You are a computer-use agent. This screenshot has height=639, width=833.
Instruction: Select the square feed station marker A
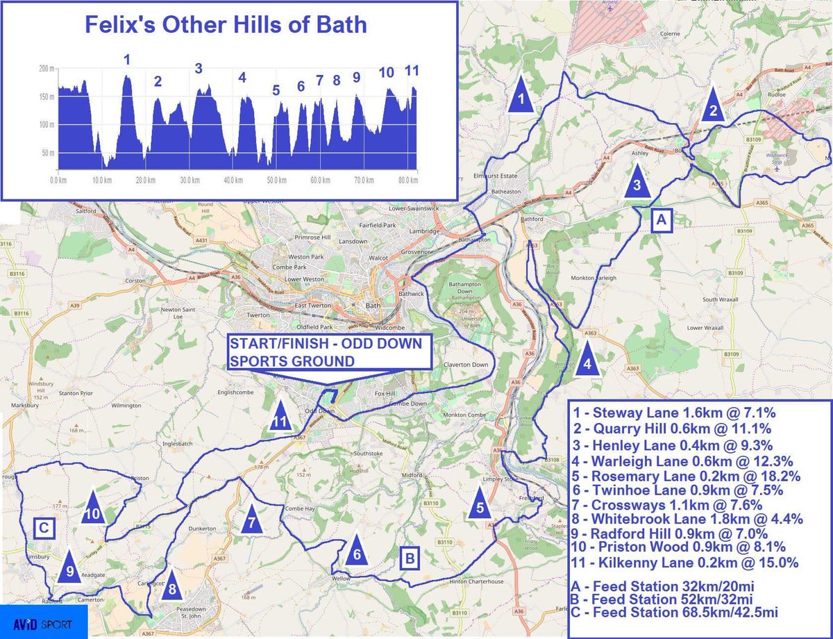pos(660,220)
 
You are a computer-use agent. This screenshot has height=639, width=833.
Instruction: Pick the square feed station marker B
pos(410,557)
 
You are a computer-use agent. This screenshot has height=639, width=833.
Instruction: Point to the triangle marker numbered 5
pos(480,506)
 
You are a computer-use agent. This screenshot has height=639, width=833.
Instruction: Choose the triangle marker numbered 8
pos(173,588)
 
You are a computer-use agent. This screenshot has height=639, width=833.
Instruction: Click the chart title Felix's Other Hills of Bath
pos(226,25)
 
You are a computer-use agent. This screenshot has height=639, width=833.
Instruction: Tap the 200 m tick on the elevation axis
pos(47,69)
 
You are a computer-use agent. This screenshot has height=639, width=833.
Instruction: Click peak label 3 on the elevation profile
pos(199,68)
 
